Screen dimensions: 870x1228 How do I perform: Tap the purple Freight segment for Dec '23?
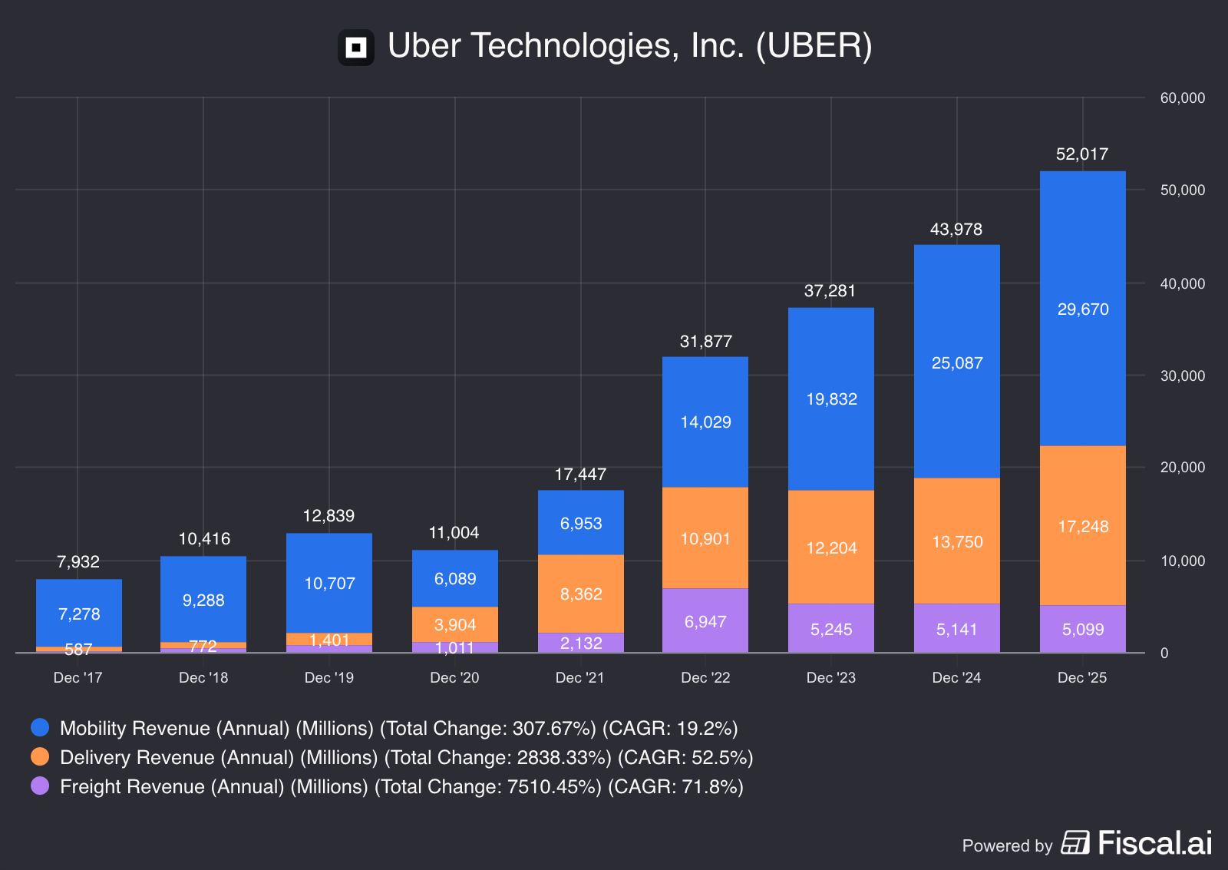pyautogui.click(x=830, y=628)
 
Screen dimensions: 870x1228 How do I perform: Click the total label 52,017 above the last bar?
pyautogui.click(x=1081, y=154)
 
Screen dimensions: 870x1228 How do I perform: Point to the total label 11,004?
pyautogui.click(x=454, y=533)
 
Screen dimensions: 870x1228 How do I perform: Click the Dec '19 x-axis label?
pyautogui.click(x=328, y=677)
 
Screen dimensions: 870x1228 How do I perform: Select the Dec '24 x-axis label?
pyautogui.click(x=956, y=677)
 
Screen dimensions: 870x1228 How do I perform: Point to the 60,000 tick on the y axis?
pyautogui.click(x=1182, y=98)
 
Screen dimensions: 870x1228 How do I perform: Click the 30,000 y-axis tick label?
pyautogui.click(x=1182, y=375)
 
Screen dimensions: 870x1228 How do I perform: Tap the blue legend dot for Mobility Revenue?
pyautogui.click(x=40, y=727)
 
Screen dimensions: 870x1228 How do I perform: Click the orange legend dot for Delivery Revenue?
pyautogui.click(x=40, y=756)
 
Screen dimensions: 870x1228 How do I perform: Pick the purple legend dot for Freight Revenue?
pyautogui.click(x=40, y=786)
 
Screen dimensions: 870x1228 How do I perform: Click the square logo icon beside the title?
pyautogui.click(x=356, y=48)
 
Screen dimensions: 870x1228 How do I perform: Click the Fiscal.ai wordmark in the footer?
pyautogui.click(x=1154, y=843)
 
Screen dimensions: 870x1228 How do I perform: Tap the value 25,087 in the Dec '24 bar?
pyautogui.click(x=956, y=363)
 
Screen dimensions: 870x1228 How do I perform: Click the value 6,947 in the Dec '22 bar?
pyautogui.click(x=705, y=622)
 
